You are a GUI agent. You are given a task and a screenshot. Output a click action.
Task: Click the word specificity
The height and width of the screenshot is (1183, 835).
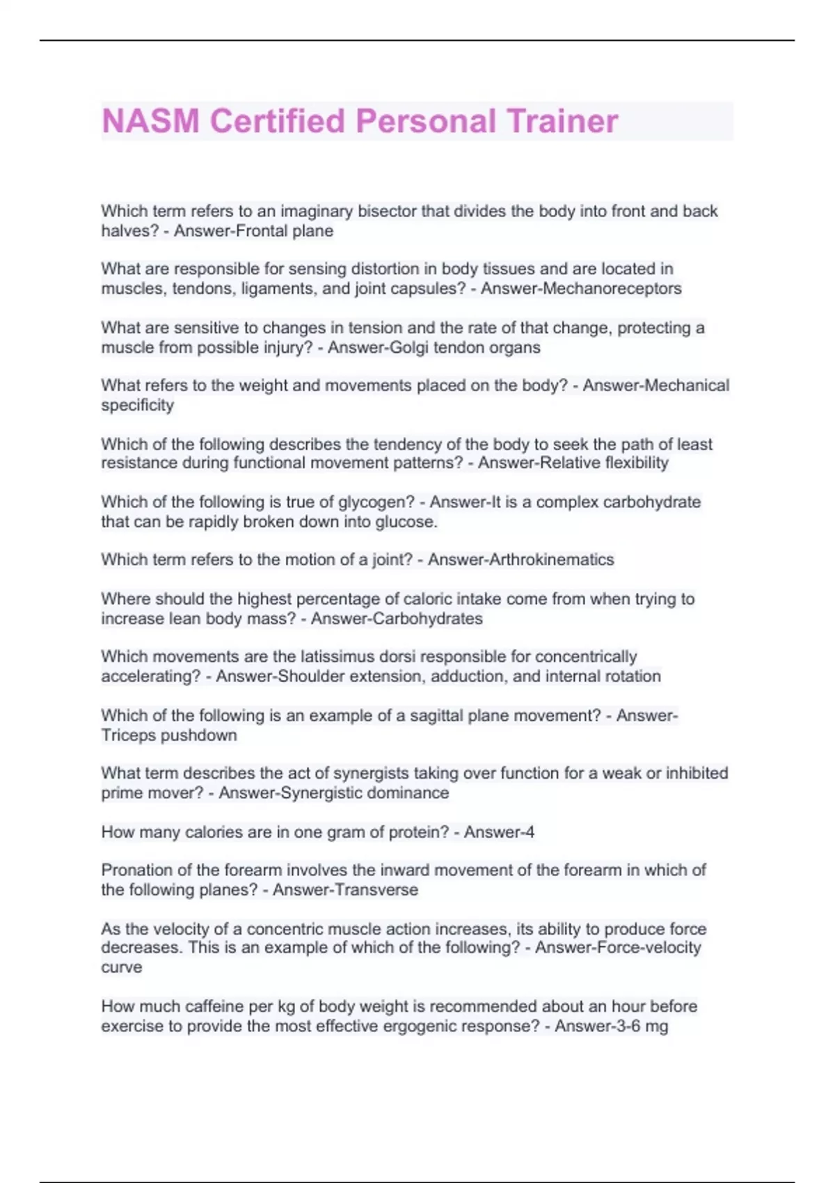click(137, 405)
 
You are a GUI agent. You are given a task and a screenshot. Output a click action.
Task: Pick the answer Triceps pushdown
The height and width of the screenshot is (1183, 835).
click(169, 736)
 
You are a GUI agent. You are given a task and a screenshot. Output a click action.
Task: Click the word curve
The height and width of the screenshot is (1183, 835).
click(121, 967)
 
